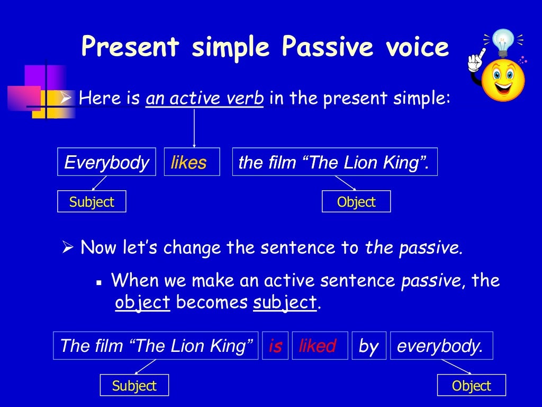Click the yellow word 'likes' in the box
(189, 162)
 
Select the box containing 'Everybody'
(106, 162)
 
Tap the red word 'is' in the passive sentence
(275, 346)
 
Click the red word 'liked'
(318, 346)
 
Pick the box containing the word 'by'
(368, 346)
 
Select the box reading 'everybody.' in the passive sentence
(441, 346)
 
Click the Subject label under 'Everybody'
(92, 201)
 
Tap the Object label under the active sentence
(356, 201)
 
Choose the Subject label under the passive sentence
(134, 385)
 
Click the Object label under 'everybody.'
(471, 385)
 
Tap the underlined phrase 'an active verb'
(205, 99)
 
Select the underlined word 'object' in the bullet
(142, 303)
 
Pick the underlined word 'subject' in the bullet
(285, 303)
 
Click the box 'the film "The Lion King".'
(335, 162)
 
